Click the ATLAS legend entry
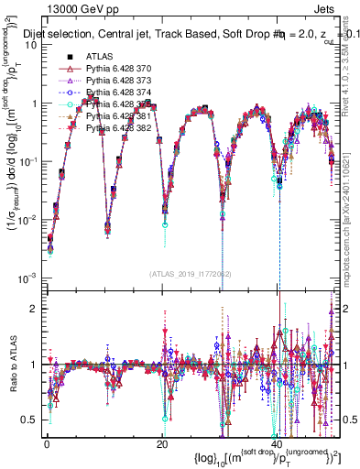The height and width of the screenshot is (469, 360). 97,58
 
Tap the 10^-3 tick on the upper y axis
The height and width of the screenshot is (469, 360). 27,278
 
